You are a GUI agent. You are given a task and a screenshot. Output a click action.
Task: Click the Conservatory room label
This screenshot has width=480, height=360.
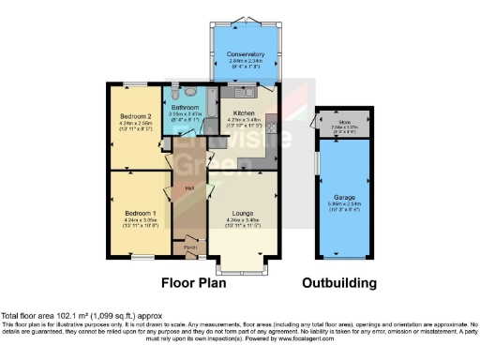[246, 55]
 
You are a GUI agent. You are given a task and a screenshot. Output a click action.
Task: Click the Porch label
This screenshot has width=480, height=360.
[189, 248]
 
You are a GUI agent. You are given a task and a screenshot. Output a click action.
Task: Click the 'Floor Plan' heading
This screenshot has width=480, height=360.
[197, 281]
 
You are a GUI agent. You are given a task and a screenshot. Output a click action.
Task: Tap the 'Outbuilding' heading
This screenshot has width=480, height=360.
[338, 281]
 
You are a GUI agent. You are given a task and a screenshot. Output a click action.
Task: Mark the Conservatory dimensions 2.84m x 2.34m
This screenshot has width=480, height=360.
[246, 61]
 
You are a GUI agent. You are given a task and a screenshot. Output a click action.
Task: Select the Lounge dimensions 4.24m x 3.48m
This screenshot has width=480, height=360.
[243, 220]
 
